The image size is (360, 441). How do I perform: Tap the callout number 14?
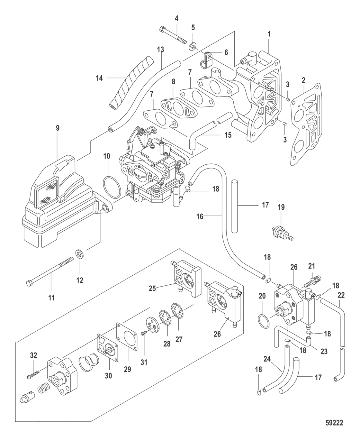[99, 78]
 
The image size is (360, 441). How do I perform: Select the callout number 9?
[58, 128]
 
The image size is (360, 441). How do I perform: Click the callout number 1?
[269, 33]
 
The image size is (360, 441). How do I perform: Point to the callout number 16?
[200, 217]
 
